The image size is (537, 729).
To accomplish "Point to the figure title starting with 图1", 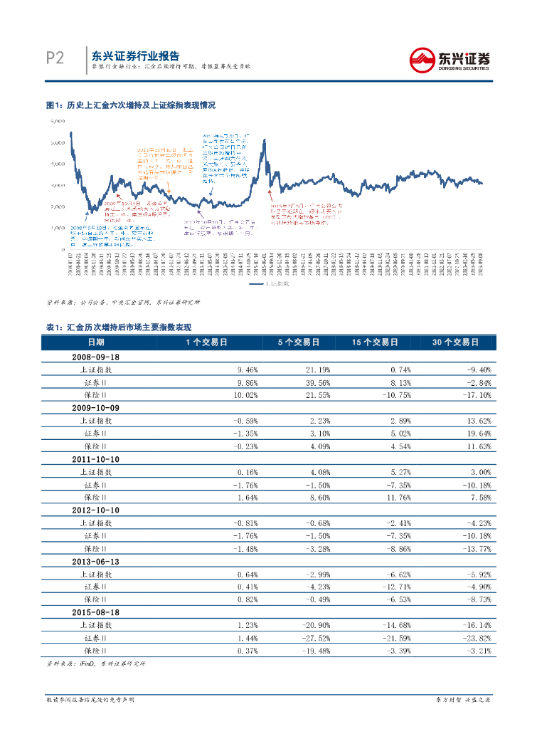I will [x=130, y=105].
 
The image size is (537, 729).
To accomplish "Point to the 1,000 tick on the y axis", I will [x=58, y=227].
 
